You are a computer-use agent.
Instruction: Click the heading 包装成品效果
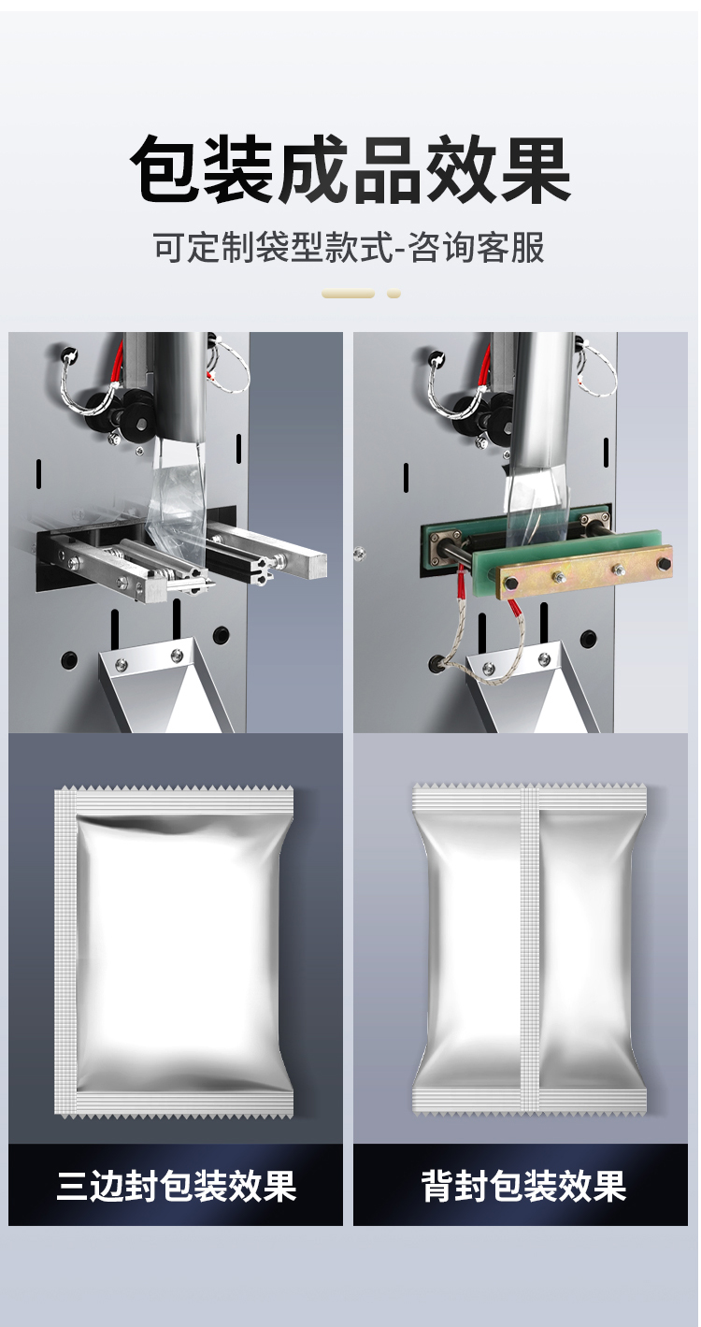(x=350, y=170)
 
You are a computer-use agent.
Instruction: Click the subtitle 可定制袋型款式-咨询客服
(x=349, y=247)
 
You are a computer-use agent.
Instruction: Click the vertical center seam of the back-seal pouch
(x=529, y=948)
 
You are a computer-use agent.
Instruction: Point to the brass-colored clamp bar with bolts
(x=584, y=575)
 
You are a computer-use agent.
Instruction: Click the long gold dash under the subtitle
(x=348, y=294)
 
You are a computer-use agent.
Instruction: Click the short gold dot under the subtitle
(x=393, y=294)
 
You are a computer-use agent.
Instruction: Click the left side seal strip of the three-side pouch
(x=65, y=949)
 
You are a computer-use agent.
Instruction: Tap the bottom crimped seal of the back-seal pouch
(x=530, y=1100)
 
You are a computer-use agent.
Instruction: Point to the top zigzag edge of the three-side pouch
(x=174, y=788)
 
